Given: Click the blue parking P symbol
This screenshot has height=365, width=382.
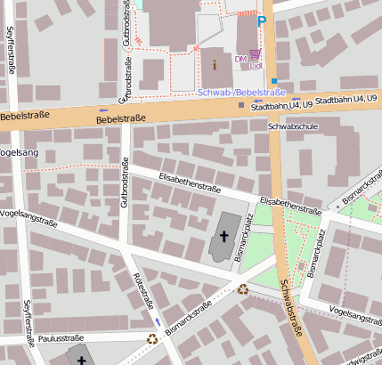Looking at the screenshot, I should click(x=261, y=20).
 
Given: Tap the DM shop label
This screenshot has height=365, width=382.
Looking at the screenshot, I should click(x=240, y=59).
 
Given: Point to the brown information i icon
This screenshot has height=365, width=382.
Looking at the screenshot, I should click(x=214, y=64).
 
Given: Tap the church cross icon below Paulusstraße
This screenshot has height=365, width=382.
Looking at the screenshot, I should click(x=82, y=360).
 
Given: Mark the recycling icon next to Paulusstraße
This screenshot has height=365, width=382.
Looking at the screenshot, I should click(x=152, y=338).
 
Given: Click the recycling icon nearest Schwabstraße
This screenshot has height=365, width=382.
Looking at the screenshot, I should click(x=243, y=288).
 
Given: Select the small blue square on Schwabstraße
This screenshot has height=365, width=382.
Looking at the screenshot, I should click(x=275, y=80).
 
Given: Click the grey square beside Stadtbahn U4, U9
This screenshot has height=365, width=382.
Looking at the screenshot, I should click(x=241, y=106).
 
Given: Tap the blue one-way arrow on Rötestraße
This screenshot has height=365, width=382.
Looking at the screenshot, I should click(x=158, y=320).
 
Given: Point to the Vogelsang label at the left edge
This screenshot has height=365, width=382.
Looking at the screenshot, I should click(x=19, y=153).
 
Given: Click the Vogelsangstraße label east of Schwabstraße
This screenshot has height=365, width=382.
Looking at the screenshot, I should click(x=354, y=312).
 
